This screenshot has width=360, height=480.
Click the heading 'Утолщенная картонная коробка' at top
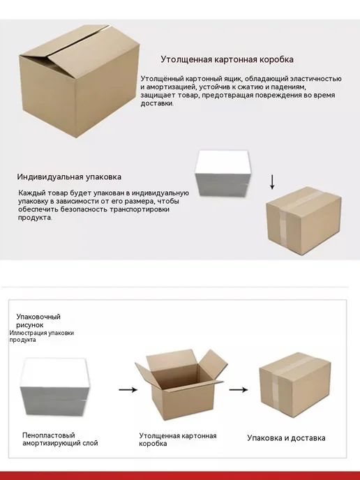click(227, 59)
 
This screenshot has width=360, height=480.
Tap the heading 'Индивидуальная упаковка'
click(69, 177)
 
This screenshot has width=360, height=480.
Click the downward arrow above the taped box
click(272, 183)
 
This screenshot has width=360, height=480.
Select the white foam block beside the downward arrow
click(223, 173)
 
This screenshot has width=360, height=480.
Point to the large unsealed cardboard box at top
click(80, 81)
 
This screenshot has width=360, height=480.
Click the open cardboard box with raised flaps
click(181, 384)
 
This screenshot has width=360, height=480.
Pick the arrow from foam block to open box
click(128, 390)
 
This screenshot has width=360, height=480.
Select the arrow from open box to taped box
click(239, 390)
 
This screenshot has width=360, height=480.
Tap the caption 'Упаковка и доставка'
click(286, 438)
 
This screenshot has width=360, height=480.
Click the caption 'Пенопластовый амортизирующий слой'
click(60, 440)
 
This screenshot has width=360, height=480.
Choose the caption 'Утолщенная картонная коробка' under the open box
click(177, 440)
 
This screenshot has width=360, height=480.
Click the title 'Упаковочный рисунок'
click(38, 321)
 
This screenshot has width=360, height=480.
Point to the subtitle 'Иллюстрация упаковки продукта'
click(42, 336)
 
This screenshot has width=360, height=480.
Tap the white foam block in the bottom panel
click(55, 387)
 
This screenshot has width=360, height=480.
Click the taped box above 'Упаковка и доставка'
click(295, 385)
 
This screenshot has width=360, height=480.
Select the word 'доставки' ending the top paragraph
click(157, 103)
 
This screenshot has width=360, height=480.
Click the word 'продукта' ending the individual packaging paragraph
click(35, 218)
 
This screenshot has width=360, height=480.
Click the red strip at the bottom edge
click(180, 476)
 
